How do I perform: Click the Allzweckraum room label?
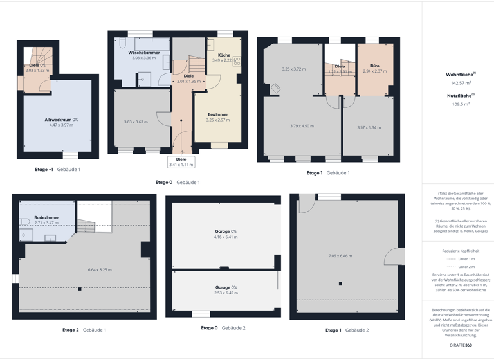pos(61,120)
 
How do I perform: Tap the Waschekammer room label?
pos(144,53)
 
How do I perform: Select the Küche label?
pos(224,55)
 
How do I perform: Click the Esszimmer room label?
pos(217,114)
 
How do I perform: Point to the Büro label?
pos(374,66)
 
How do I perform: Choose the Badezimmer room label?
pos(46,217)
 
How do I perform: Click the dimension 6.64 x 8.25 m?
pos(100,270)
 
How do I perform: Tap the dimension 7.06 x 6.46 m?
pos(340,256)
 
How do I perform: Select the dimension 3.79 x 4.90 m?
pos(302,126)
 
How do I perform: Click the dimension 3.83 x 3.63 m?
pos(136,122)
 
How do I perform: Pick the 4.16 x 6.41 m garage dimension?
pos(226,237)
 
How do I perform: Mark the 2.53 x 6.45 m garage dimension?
pos(226,293)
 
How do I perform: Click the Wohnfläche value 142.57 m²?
pos(461,83)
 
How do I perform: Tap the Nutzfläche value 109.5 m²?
pos(461,104)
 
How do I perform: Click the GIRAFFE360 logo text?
pos(461,345)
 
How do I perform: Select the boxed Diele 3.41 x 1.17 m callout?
pos(181,162)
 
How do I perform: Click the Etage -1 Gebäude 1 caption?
pos(57,170)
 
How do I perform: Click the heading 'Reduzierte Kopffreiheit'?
pos(461,251)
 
